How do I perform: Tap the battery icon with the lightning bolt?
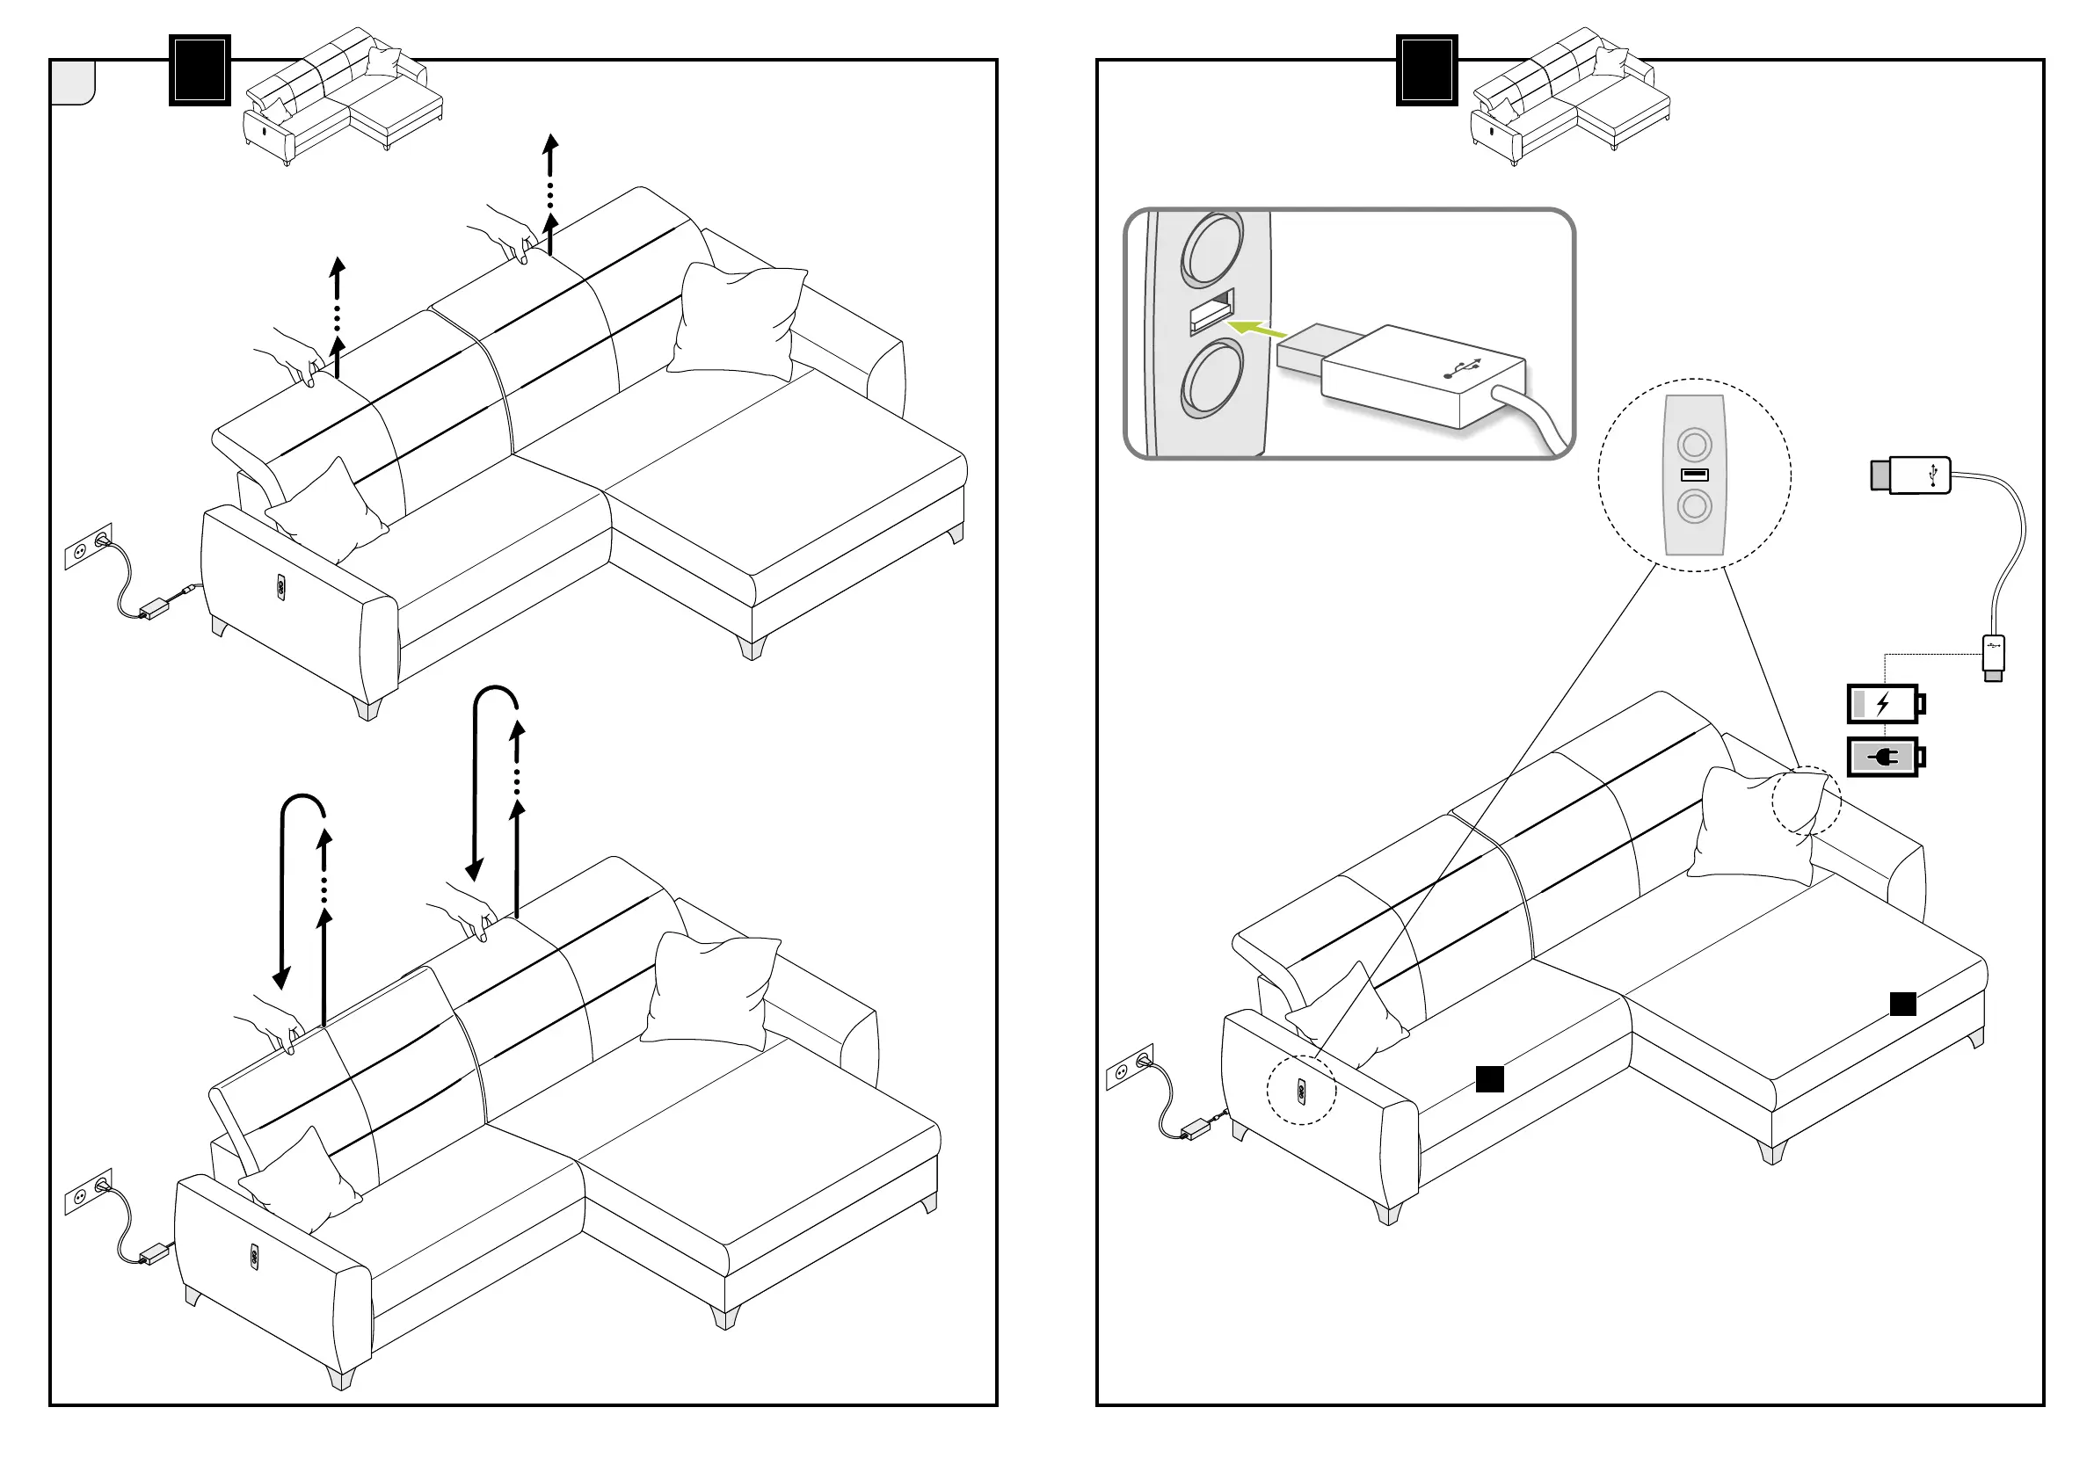pyautogui.click(x=1885, y=704)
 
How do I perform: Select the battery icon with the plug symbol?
pyautogui.click(x=1885, y=757)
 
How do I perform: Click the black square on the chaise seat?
pyautogui.click(x=1902, y=1004)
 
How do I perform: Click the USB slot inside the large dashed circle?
pyautogui.click(x=1695, y=475)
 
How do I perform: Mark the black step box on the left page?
pyautogui.click(x=200, y=70)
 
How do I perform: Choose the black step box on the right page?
pyautogui.click(x=1427, y=70)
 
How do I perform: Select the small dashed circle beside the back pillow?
pyautogui.click(x=1806, y=801)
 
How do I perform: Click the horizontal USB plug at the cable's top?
pyautogui.click(x=1910, y=475)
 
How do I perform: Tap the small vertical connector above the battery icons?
pyautogui.click(x=1994, y=657)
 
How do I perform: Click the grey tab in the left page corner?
pyautogui.click(x=73, y=83)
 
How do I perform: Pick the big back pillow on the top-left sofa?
pyautogui.click(x=736, y=321)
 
